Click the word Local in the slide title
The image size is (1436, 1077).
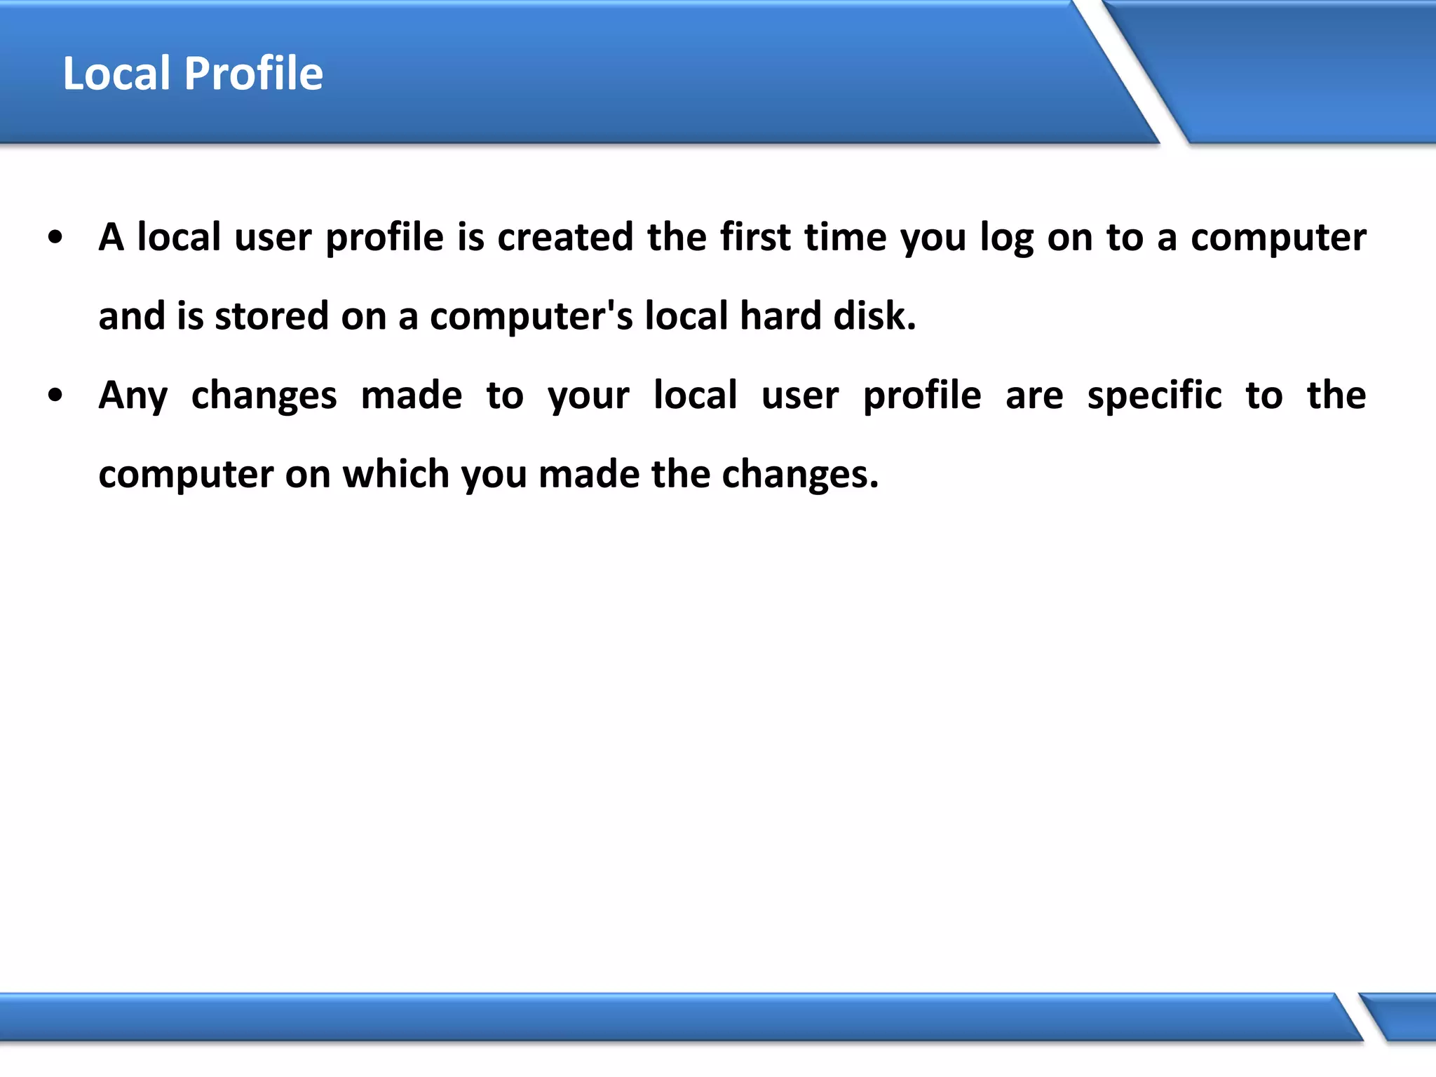pos(116,74)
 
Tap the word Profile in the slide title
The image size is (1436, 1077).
pos(253,74)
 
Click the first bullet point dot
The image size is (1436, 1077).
pos(55,238)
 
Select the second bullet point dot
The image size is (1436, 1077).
pos(55,395)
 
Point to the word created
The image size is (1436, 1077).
pos(565,237)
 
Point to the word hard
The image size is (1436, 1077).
pos(780,316)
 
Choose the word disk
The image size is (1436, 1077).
pos(874,316)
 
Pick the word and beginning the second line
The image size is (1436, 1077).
pos(132,316)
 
